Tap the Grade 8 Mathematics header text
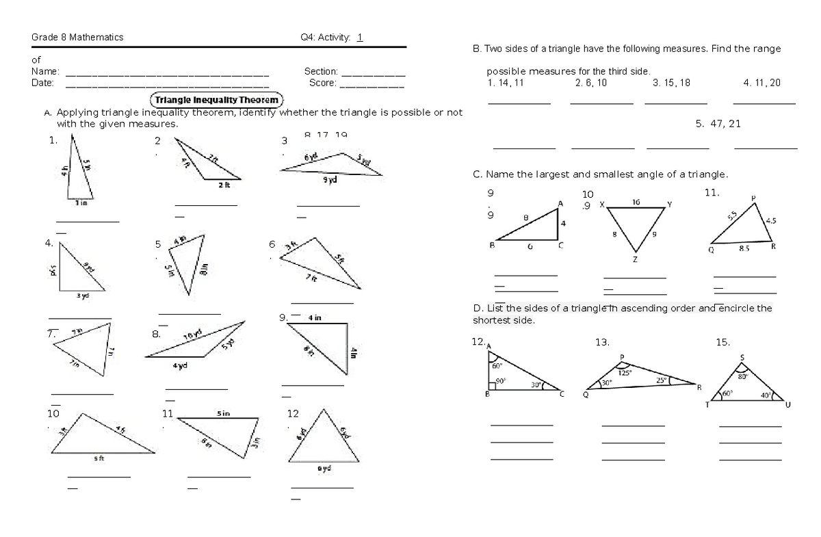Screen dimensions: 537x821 [x=77, y=38]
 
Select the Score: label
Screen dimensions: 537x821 [x=322, y=83]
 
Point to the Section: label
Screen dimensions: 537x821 [x=321, y=71]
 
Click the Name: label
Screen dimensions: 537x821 [x=46, y=71]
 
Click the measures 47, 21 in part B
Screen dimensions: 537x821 [x=718, y=124]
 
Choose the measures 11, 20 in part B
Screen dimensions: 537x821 [x=761, y=83]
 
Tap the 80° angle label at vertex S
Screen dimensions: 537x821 [x=742, y=375]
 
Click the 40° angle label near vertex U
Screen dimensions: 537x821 [x=766, y=395]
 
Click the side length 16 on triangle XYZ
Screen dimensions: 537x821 [x=636, y=202]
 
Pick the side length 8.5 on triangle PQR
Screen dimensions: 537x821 [x=744, y=250]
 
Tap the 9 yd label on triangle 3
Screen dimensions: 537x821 [x=330, y=181]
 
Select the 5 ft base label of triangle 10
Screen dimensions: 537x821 [x=99, y=458]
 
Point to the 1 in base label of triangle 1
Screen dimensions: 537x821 [x=80, y=202]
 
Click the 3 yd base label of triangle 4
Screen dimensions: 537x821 [x=82, y=296]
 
